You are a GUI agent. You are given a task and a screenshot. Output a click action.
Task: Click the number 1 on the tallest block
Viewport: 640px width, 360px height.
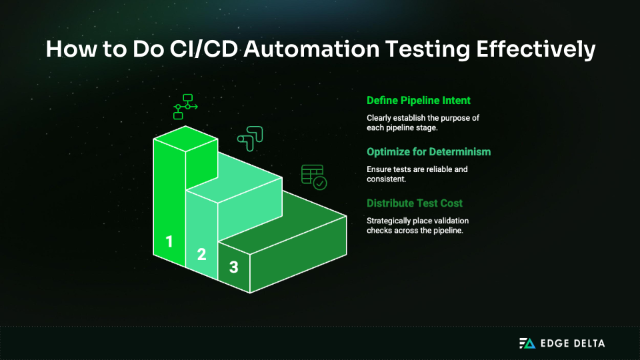click(169, 241)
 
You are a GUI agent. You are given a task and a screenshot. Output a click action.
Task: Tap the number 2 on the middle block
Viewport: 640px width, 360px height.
click(201, 253)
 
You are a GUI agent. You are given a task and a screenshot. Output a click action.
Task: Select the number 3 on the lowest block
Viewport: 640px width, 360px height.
click(233, 267)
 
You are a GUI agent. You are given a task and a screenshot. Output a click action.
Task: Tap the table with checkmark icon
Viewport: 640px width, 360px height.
click(313, 176)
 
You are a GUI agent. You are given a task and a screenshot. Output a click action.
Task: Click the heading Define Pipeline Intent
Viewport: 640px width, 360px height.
click(419, 101)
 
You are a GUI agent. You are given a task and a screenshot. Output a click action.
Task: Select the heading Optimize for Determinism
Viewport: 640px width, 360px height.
click(429, 152)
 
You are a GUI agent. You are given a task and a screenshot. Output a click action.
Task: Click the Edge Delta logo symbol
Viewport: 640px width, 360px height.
click(527, 343)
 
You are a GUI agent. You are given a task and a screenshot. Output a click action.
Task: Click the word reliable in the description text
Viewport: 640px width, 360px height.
click(435, 169)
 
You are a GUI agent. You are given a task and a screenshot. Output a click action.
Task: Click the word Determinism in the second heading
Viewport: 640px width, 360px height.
click(459, 152)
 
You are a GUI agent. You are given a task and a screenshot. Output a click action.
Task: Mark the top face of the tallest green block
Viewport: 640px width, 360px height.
click(185, 136)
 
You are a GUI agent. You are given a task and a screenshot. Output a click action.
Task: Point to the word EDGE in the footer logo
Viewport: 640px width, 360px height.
click(553, 343)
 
